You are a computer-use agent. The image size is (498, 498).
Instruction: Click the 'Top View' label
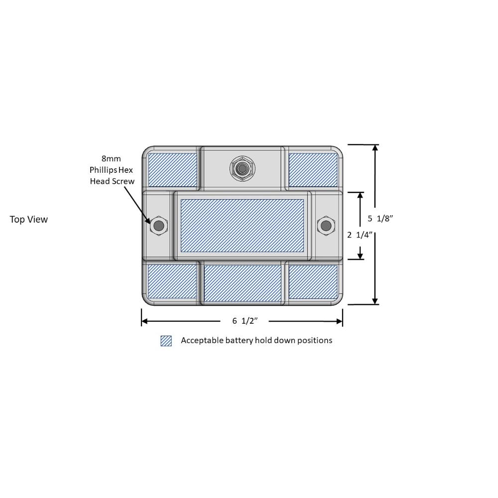tap(28, 220)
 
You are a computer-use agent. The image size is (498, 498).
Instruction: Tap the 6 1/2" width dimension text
tap(245, 321)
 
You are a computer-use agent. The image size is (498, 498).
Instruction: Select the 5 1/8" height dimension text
tap(380, 219)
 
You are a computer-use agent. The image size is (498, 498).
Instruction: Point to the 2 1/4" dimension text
tap(360, 235)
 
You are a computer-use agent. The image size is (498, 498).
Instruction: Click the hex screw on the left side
tap(158, 226)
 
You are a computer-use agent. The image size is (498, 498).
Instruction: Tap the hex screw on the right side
tap(326, 226)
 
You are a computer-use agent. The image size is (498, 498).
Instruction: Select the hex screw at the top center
tap(243, 168)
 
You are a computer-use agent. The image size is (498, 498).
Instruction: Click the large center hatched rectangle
tap(242, 226)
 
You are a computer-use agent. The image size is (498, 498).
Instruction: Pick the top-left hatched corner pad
tap(172, 170)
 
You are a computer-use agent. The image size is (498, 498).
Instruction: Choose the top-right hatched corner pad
tap(313, 170)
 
